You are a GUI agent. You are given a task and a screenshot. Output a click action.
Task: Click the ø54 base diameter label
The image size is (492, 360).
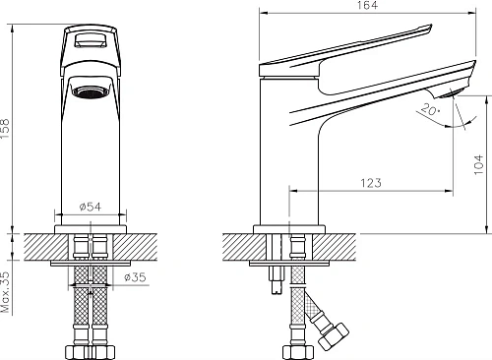pyautogui.click(x=91, y=208)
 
